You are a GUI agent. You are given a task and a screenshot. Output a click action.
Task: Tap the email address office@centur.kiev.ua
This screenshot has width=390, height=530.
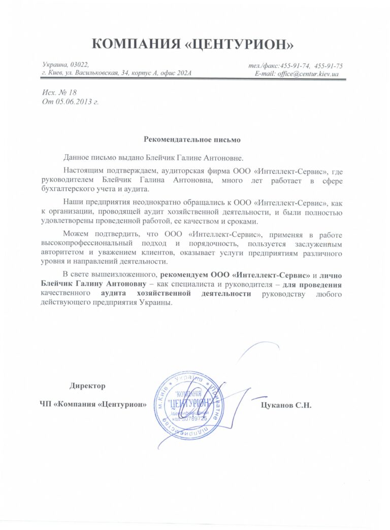click(308, 74)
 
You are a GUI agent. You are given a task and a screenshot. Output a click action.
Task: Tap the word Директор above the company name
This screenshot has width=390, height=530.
click(87, 386)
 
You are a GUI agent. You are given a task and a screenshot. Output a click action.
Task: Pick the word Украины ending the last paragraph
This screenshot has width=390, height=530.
click(158, 303)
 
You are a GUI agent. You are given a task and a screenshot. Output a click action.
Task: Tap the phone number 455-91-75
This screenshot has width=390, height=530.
click(329, 65)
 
